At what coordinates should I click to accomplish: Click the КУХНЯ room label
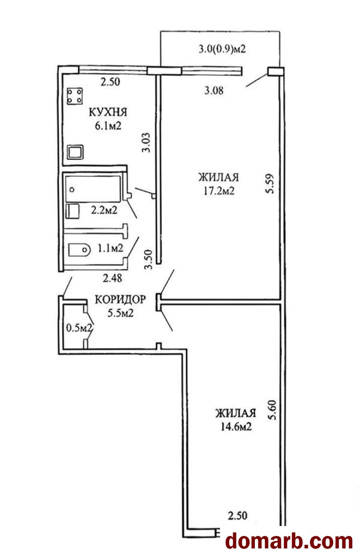[x=108, y=112]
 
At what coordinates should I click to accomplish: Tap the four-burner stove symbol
[x=75, y=96]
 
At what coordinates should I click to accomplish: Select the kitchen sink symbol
[x=75, y=152]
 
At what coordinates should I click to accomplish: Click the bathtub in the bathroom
[x=93, y=189]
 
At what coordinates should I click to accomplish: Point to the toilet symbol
[x=79, y=249]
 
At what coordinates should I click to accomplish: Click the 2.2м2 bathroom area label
[x=104, y=210]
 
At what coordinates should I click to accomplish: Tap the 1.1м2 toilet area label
[x=110, y=248]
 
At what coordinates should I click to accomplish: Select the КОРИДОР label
[x=120, y=299]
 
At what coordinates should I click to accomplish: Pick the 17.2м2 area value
[x=219, y=191]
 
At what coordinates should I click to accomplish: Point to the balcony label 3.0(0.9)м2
[x=222, y=49]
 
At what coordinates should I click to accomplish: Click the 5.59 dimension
[x=270, y=184]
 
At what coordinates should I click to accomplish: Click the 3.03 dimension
[x=146, y=143]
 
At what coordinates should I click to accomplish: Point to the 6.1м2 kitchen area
[x=108, y=126]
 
